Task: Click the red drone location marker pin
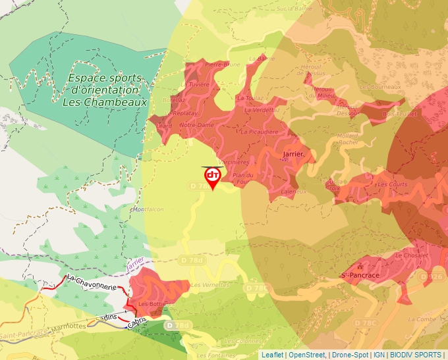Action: coord(213,177)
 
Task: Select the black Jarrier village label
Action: coord(293,154)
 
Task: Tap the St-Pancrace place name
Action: coord(360,274)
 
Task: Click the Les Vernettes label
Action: coord(210,285)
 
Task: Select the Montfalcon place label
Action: coord(148,209)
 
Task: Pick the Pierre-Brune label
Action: coord(222,64)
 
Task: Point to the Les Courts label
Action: coord(393,184)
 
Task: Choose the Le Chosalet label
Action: coord(412,255)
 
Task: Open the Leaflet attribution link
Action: coord(272,355)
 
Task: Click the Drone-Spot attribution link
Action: coord(350,355)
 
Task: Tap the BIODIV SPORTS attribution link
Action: coord(416,355)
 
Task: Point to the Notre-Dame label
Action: coord(196,125)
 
